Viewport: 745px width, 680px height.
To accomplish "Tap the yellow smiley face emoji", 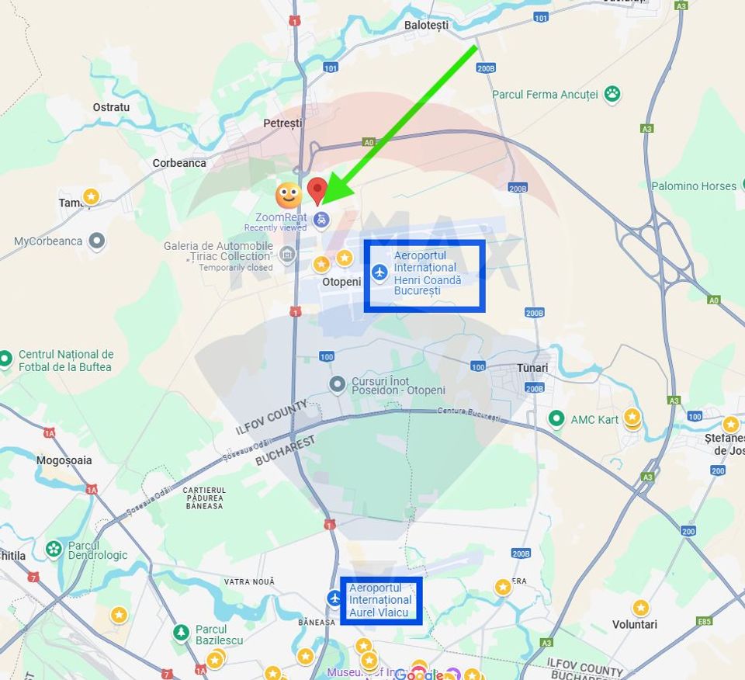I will tap(289, 195).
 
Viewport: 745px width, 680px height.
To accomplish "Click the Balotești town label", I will tap(426, 26).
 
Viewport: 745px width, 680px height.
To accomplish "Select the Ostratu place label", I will tap(111, 107).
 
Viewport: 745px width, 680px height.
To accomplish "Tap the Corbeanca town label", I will tap(179, 163).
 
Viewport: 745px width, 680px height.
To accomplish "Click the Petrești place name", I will tap(282, 123).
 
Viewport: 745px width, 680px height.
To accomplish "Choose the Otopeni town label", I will tap(341, 282).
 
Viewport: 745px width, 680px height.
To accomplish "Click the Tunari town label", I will tap(532, 368).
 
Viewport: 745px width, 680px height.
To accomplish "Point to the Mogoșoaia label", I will tap(64, 460).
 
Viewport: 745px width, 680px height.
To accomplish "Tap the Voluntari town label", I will tap(635, 624).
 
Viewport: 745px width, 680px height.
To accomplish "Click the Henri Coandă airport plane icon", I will tap(379, 272).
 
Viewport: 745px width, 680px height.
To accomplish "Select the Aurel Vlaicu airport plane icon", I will tap(334, 598).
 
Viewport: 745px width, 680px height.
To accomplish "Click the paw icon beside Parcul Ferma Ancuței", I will tap(612, 94).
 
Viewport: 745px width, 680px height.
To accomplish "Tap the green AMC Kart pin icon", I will tap(556, 419).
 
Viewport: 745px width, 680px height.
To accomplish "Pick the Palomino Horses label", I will tap(693, 186).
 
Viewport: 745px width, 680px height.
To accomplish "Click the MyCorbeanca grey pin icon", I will tap(96, 241).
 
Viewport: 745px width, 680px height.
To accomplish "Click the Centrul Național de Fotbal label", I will tap(66, 361).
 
